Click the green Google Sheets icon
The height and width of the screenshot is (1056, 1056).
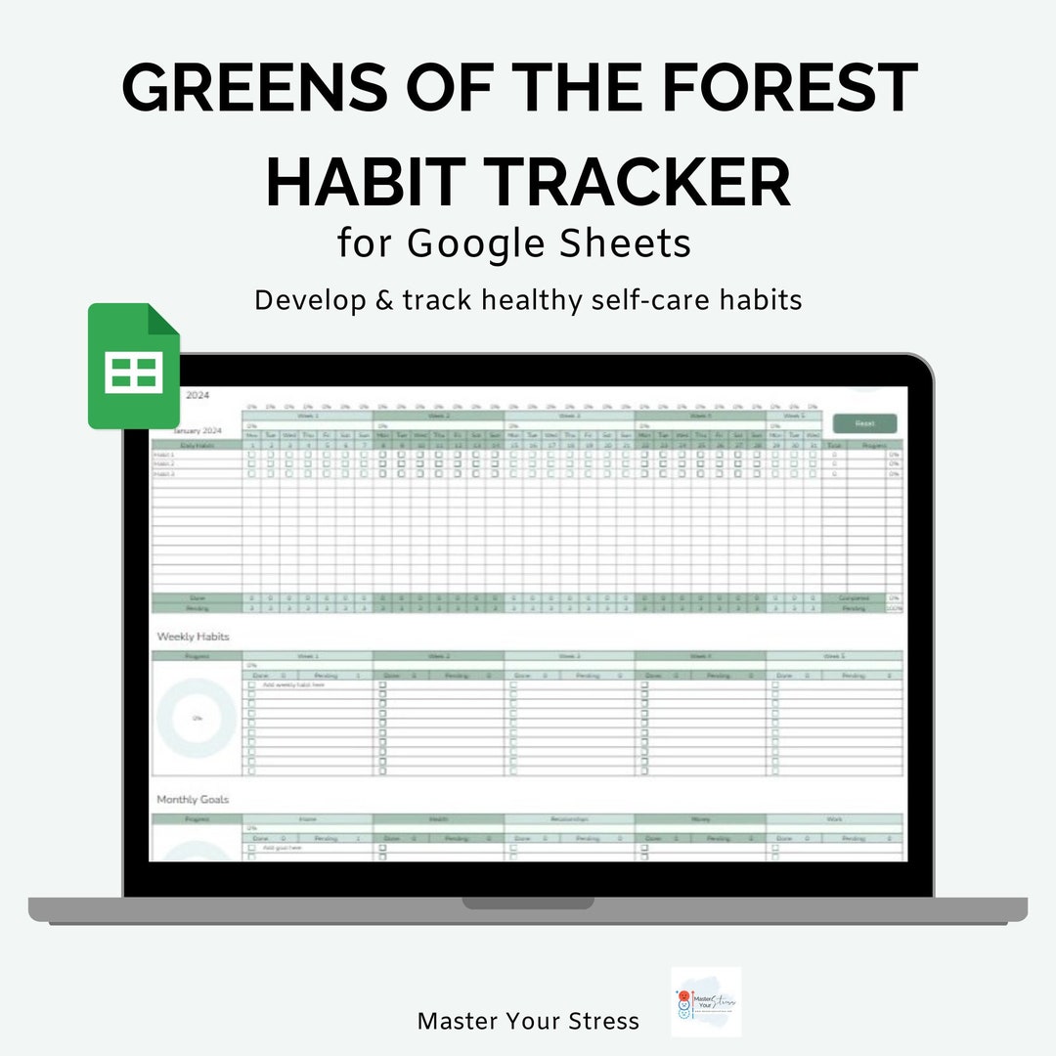coord(134,367)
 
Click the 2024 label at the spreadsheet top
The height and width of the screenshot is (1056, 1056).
coord(197,396)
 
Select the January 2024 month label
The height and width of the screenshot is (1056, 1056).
coord(198,430)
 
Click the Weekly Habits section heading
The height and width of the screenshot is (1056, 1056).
coord(193,637)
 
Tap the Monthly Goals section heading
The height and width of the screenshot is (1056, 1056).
coord(193,800)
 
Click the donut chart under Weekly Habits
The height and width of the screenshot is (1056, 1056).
coord(197,718)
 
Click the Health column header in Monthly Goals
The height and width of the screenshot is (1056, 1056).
coord(438,819)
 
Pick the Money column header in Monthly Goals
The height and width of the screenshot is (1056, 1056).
coord(700,819)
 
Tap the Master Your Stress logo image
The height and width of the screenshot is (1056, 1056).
coord(706,1002)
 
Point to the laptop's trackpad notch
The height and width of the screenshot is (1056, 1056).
coord(528,902)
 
